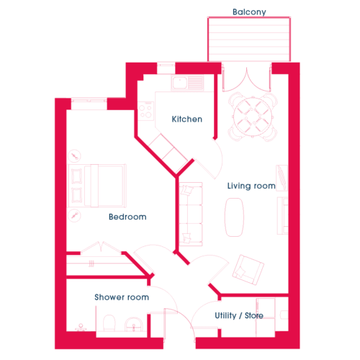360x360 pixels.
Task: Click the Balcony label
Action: coord(249,12)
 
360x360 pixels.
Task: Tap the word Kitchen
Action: coord(187,119)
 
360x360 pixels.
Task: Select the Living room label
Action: coord(251,186)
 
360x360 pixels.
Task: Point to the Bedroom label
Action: coord(127,217)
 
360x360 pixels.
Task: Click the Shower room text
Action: coord(122,297)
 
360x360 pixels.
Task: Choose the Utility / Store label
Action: coord(239,315)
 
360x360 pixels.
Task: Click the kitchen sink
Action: coord(187,83)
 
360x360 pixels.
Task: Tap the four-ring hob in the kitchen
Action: coord(145,111)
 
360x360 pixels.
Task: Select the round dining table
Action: coord(253,117)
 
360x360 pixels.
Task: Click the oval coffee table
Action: coord(234,217)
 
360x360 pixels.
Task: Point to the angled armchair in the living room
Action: coord(248,270)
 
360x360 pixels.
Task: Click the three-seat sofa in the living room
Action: coord(191,214)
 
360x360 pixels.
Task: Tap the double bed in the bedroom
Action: coord(97,186)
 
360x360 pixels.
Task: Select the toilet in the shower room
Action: coord(109,323)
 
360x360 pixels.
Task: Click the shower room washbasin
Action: coord(134,324)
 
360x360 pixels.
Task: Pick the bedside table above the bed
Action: coord(74,156)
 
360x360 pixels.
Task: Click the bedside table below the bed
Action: coord(74,215)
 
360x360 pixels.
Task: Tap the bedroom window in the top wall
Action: coord(89,104)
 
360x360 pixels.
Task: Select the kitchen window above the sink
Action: coord(166,68)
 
